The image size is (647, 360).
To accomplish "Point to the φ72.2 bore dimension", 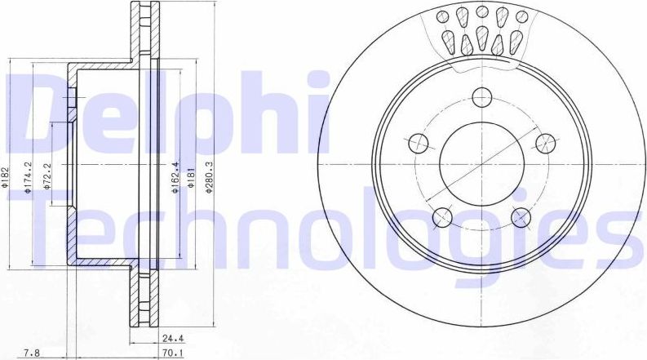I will tap(48, 177).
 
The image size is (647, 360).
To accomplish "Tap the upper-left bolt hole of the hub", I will tap(418, 142).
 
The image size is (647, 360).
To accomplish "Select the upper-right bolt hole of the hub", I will tap(545, 142).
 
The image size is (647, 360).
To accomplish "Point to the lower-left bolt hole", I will tap(442, 216).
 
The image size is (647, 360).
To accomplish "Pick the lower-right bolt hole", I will tap(521, 216).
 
